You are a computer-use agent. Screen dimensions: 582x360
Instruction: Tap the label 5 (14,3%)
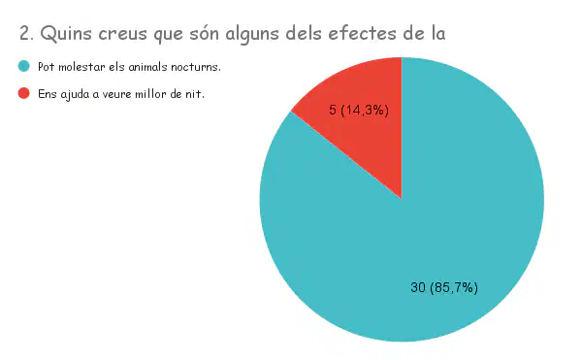(x=359, y=111)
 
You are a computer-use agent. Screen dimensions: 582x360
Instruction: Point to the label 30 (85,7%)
(x=444, y=287)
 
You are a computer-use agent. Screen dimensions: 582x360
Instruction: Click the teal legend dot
(x=23, y=66)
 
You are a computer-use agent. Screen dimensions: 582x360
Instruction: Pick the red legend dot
(x=23, y=93)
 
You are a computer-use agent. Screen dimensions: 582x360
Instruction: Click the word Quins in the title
(x=66, y=34)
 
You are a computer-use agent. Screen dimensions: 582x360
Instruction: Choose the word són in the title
(x=204, y=33)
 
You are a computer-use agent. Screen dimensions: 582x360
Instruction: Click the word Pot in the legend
(x=47, y=67)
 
